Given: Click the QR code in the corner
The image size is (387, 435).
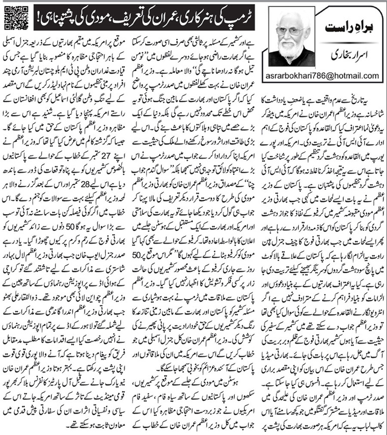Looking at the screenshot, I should [x=13, y=14].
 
